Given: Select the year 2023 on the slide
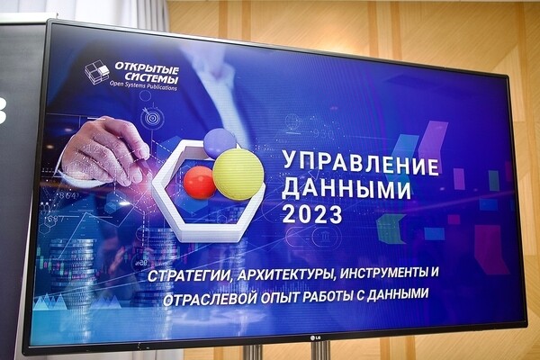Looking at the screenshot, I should click(x=311, y=215).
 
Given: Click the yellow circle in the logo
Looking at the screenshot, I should click(x=238, y=174).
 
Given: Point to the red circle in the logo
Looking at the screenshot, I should click(x=200, y=183).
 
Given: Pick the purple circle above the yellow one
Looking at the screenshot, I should click(x=219, y=142).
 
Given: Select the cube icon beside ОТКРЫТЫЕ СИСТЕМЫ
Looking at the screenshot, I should click(x=97, y=72).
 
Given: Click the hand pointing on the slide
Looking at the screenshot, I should click(x=103, y=148).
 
